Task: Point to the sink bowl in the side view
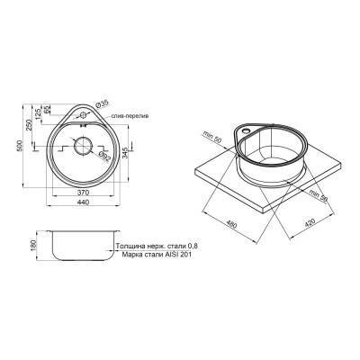(81, 246)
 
